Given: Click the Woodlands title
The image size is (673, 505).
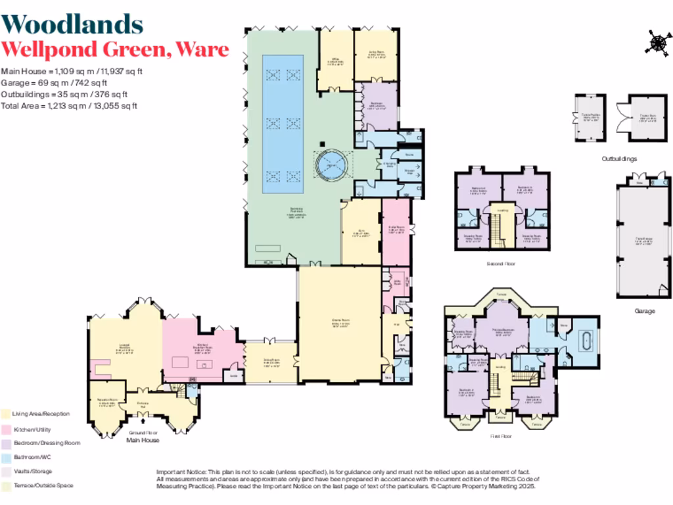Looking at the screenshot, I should coord(72,24).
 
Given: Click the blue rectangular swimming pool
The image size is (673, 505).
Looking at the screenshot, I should coord(283,124).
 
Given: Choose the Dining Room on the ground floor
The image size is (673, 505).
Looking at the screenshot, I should coord(270,362).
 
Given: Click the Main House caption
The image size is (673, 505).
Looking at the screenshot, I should coord(142,440).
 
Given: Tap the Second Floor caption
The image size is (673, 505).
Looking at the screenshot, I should coord(501,264).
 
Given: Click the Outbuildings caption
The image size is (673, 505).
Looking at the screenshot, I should coord(619,159).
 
